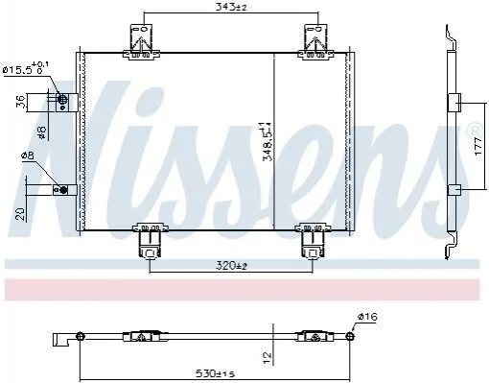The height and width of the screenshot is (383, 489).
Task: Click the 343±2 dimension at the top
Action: (x=231, y=7)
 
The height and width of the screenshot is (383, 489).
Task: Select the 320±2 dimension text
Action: (x=231, y=266)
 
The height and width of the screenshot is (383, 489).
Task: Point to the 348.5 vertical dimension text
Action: (x=267, y=141)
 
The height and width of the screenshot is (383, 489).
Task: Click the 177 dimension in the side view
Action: (x=477, y=146)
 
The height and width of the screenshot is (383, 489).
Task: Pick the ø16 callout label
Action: (x=367, y=317)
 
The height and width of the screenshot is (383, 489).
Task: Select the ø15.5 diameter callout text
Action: (x=26, y=68)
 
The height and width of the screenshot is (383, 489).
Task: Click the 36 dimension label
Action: (x=21, y=103)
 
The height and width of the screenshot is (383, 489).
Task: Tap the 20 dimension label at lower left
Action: (x=20, y=213)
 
